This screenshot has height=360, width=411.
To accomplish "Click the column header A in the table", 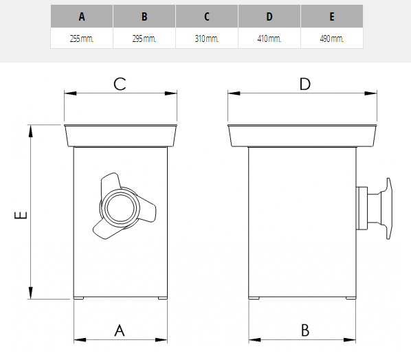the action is pos(82,16).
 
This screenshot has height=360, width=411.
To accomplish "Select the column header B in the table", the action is pos(144,16).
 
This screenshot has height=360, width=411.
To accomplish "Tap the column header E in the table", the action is pos(332,16).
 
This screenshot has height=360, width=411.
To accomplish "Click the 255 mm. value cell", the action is pos(82,38).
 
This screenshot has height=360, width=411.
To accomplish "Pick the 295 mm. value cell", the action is pos(144,38).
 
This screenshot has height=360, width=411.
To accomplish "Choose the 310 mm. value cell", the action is pos(207,38).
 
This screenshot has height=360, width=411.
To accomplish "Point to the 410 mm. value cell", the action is pos(269,38).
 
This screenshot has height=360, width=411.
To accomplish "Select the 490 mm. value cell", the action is pos(332,38).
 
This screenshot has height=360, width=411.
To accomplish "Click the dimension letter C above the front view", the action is pos(120,84).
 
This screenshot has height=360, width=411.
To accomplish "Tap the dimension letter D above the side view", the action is pos(305,84).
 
